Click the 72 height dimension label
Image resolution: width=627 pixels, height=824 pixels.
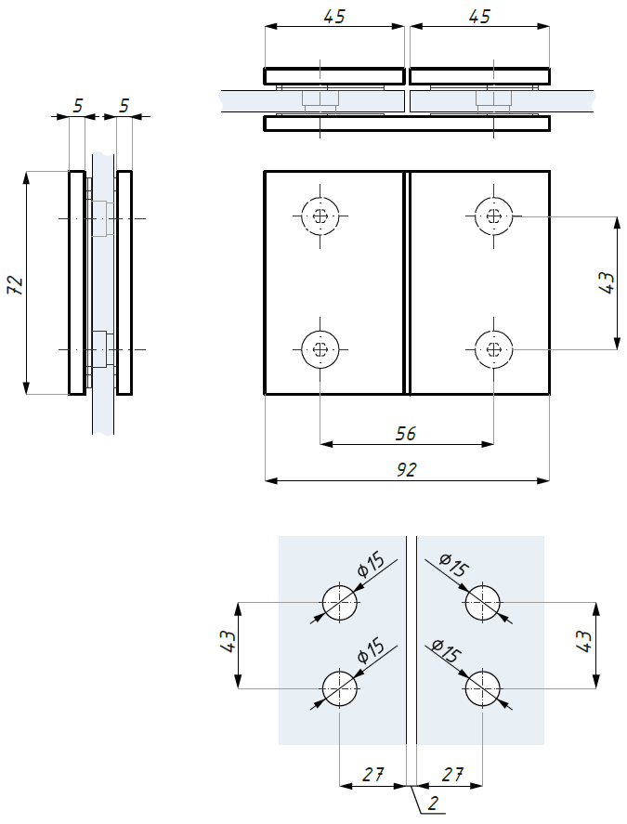[x=17, y=284]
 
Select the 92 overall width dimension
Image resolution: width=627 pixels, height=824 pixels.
[x=406, y=469]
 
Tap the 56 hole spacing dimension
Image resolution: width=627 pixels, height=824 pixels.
[x=406, y=434]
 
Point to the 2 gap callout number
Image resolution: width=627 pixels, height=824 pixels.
[x=433, y=803]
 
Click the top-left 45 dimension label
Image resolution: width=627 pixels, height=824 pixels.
[x=334, y=17]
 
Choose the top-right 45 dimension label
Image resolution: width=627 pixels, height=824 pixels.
[x=479, y=17]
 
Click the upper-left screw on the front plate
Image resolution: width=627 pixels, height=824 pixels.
[x=320, y=216]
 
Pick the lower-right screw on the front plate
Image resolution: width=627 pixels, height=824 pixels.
[x=493, y=349]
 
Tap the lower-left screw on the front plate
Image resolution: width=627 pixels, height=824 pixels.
[x=320, y=349]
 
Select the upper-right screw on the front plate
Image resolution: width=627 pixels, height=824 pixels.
[x=493, y=216]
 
